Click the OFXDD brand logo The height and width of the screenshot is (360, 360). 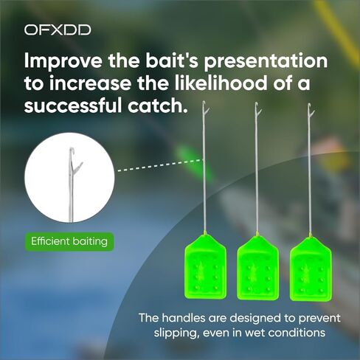tap(58, 30)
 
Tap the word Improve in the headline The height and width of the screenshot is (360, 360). tap(63, 61)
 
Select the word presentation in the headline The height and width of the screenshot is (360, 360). tap(266, 61)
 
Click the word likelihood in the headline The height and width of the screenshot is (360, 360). tap(221, 83)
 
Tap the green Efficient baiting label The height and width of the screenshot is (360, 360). tap(69, 241)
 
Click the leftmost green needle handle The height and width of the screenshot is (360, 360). tap(206, 267)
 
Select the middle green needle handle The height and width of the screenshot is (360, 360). tap(258, 268)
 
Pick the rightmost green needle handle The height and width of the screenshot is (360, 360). tap(311, 269)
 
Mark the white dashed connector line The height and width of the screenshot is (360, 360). tap(160, 165)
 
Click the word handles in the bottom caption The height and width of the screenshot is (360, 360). tap(184, 318)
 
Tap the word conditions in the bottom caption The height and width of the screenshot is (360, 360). tap(297, 333)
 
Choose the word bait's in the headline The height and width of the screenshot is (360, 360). tap(172, 61)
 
